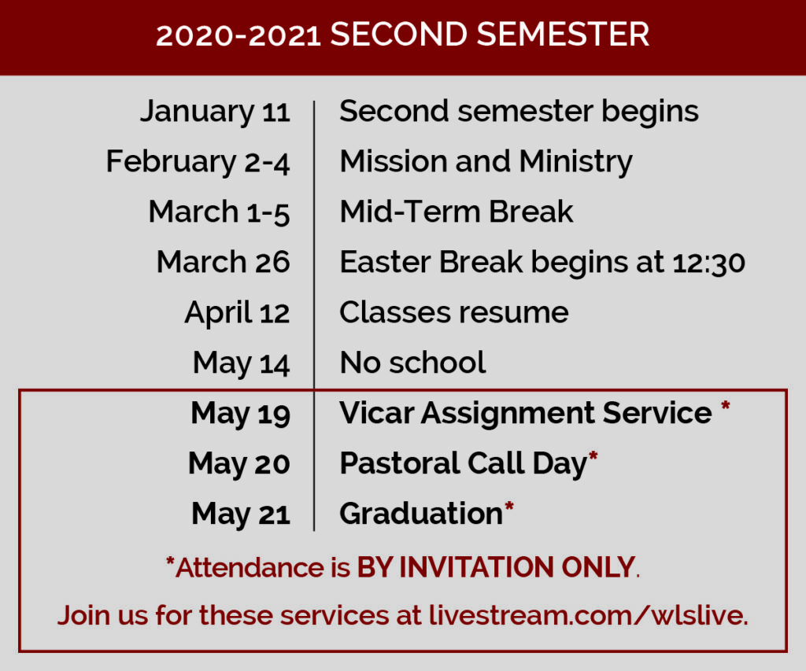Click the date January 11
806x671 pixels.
pos(216,112)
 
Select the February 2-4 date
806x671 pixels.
pos(198,162)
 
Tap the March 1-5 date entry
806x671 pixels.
pos(220,212)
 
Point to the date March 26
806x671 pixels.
pos(224,262)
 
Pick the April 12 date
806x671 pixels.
pos(238,313)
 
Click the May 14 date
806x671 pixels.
pos(242,363)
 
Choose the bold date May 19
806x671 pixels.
pos(241,414)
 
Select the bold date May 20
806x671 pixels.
pos(239,464)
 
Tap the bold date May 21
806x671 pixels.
pos(241,514)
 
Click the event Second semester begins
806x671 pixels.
pos(519,112)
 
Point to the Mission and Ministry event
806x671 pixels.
pos(486,162)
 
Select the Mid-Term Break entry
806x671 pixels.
pos(457,212)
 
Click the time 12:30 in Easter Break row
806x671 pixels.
pos(709,263)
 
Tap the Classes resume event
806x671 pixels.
pos(454,312)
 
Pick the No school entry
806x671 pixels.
pos(412,363)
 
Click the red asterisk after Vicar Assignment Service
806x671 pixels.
pos(725,405)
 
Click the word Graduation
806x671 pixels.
pos(421,514)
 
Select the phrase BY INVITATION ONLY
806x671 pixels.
pos(496,568)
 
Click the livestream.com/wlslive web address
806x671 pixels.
pos(588,615)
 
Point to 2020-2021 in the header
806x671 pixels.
pos(238,36)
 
